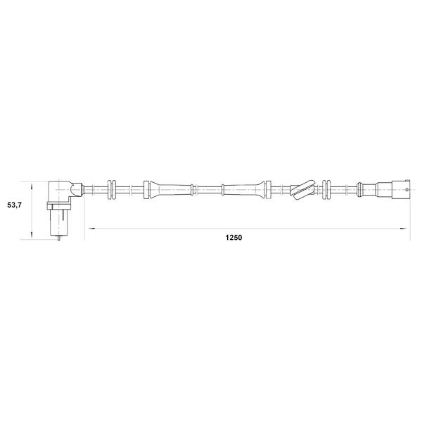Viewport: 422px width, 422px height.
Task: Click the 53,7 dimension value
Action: tap(15, 205)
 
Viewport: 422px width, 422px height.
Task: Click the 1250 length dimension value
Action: tap(234, 238)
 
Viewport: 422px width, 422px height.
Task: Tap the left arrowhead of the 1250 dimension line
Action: tap(91, 229)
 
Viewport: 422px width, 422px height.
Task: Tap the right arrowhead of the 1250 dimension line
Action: tap(404, 229)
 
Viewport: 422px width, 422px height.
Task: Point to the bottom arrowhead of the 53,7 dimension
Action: tap(32, 234)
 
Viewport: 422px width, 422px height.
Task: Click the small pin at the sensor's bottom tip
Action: tap(59, 238)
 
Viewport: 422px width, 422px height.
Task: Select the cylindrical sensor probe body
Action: tap(58, 223)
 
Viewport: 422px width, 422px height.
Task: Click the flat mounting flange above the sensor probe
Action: tap(58, 206)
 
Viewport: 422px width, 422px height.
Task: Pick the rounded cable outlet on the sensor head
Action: tap(76, 189)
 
